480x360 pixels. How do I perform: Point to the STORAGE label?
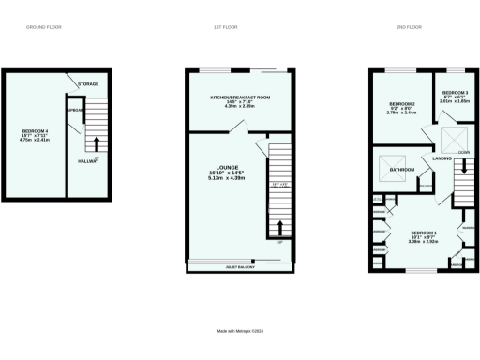[x=88, y=84]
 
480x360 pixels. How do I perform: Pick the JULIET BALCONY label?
[x=241, y=268]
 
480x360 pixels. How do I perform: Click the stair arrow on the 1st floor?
[x=278, y=228]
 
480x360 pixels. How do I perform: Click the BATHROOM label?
[x=403, y=169]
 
